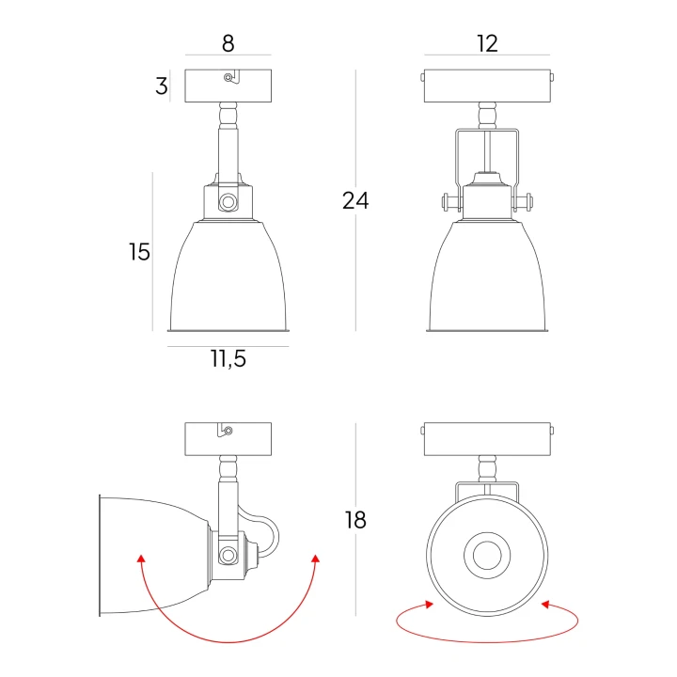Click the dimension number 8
click(228, 43)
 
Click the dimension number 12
click(487, 43)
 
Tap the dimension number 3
click(162, 86)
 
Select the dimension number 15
click(139, 252)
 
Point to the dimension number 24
click(355, 201)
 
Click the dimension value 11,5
click(228, 359)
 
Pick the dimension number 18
click(355, 520)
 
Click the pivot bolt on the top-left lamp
click(228, 201)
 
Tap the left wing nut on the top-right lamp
click(450, 202)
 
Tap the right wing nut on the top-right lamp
click(524, 202)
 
